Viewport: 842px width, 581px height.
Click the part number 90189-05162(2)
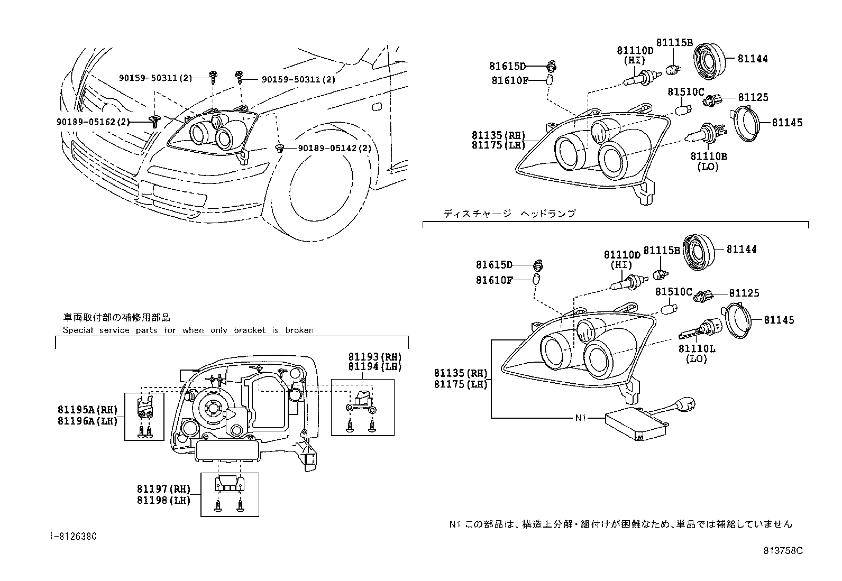[x=93, y=121]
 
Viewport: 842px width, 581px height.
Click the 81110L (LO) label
[x=697, y=354]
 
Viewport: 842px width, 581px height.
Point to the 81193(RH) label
[x=374, y=357]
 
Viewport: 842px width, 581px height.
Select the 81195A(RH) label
[x=87, y=410]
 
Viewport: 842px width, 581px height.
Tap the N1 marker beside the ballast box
[x=580, y=418]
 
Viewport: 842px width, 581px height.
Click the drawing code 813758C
[x=782, y=550]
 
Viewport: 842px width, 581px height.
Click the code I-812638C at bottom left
[x=73, y=536]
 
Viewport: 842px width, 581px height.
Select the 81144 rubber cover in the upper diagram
[x=708, y=59]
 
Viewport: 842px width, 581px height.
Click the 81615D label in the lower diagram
[x=494, y=264]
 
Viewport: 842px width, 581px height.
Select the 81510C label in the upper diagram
[x=685, y=91]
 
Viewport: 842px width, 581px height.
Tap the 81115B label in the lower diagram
[x=661, y=250]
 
